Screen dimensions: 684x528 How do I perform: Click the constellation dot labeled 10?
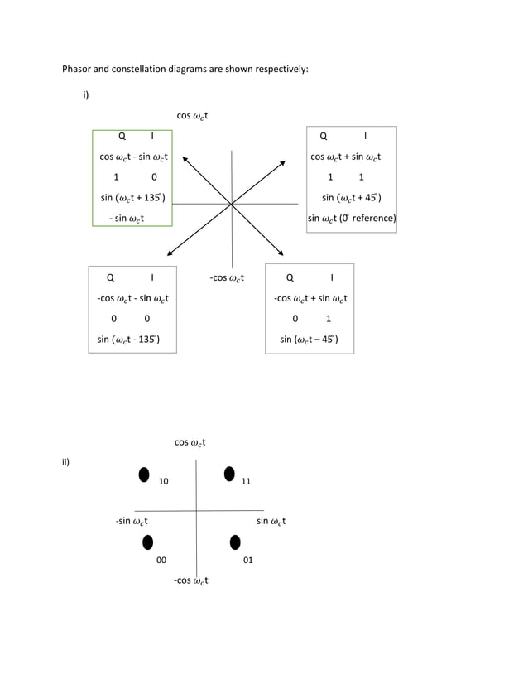pos(144,474)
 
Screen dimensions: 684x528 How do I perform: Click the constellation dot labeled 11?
pos(230,474)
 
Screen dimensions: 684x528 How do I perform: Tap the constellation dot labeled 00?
pos(148,542)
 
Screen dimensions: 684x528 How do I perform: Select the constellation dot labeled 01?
pos(235,542)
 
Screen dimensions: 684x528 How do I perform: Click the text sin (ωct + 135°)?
pos(132,197)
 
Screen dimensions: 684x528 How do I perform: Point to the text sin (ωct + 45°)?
pos(352,197)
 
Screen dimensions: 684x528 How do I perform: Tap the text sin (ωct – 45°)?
pos(309,339)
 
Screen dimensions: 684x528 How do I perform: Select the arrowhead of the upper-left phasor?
pos(186,157)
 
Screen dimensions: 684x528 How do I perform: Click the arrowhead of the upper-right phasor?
pos(282,162)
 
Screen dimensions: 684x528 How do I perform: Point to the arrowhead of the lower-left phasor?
pos(169,250)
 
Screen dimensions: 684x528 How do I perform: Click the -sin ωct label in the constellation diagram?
pos(132,521)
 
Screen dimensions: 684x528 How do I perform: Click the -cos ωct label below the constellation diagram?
pos(190,580)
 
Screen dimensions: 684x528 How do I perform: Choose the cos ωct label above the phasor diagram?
pos(192,116)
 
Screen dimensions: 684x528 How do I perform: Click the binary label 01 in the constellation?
pos(247,561)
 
